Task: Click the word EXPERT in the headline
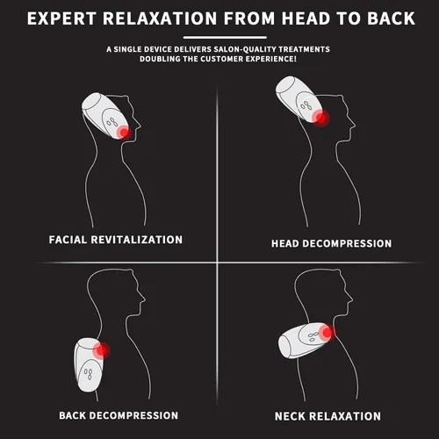pos(61,18)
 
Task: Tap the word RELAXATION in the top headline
pos(160,18)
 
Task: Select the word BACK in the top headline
pos(391,18)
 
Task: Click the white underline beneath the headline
pos(225,37)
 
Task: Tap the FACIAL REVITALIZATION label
pos(116,240)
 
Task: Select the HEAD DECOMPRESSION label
pos(331,243)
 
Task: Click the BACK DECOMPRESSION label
pos(119,415)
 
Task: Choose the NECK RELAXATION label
pos(327,416)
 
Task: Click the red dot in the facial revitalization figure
pos(125,133)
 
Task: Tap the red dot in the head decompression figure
pos(321,119)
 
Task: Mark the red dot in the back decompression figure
pos(102,350)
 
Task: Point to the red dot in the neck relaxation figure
pos(327,333)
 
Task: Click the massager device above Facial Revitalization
pos(106,117)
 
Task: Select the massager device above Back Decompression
pos(90,364)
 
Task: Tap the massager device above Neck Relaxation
pos(306,340)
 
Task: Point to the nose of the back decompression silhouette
pos(143,299)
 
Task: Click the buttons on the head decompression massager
pos(306,105)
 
